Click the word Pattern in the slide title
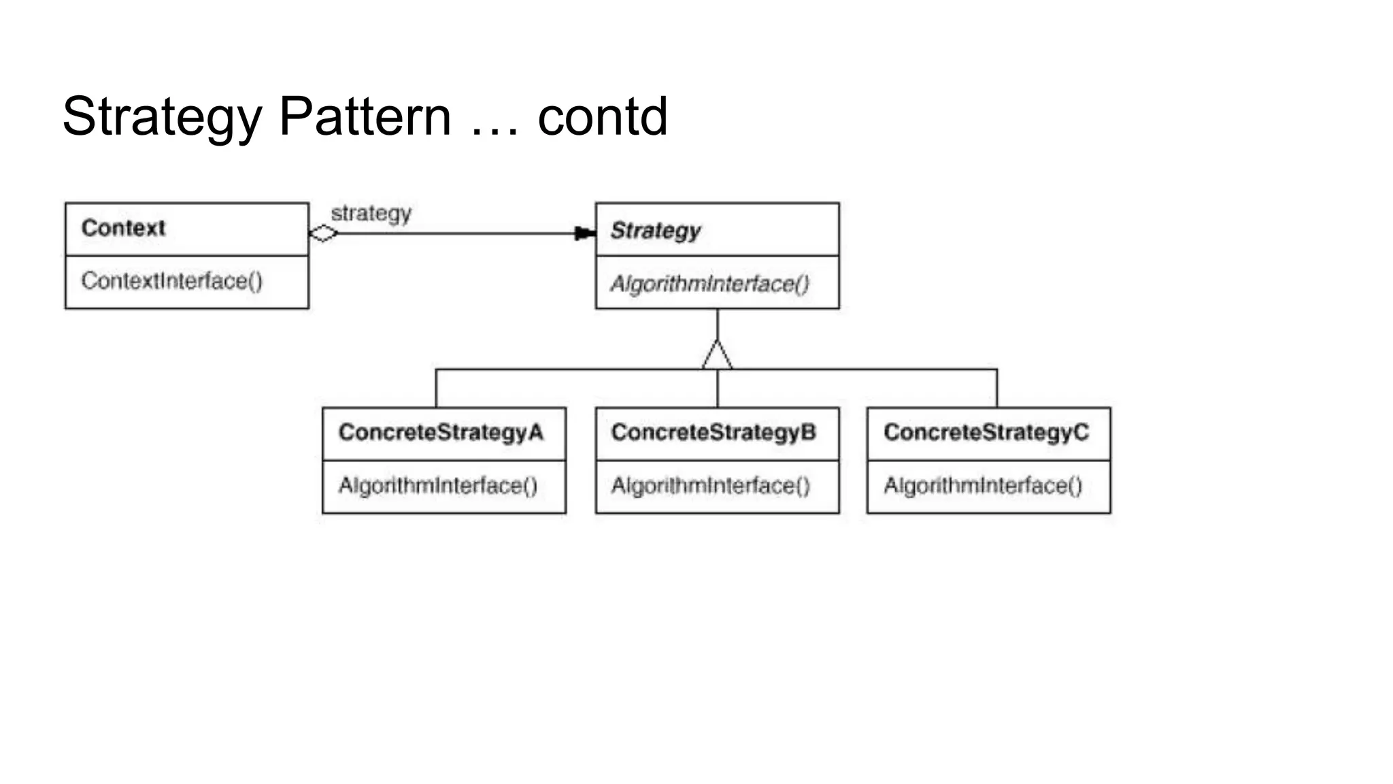(x=365, y=117)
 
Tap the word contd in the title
(x=602, y=117)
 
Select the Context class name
(x=123, y=228)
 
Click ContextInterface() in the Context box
(x=171, y=281)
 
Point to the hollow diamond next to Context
(x=323, y=233)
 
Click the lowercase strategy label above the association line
(x=371, y=214)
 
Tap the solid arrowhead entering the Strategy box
(x=584, y=233)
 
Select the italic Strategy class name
(x=655, y=231)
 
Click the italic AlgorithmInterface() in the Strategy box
(x=709, y=284)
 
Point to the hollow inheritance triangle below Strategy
(x=718, y=356)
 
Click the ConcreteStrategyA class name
(x=441, y=432)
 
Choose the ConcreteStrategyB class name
(x=714, y=432)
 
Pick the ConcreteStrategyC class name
(x=986, y=432)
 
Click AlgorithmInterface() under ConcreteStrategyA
(x=438, y=486)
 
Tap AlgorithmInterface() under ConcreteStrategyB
(x=711, y=486)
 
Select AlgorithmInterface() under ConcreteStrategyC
(x=983, y=486)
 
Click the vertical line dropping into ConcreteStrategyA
(x=436, y=389)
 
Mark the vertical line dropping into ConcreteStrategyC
(x=997, y=389)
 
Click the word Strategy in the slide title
(x=162, y=117)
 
